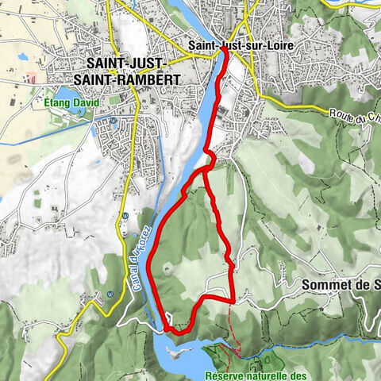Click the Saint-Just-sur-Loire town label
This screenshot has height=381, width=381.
(x=241, y=45)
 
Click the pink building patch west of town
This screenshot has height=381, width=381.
(x=32, y=79)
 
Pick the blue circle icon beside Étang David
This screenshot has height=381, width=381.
(x=113, y=121)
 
